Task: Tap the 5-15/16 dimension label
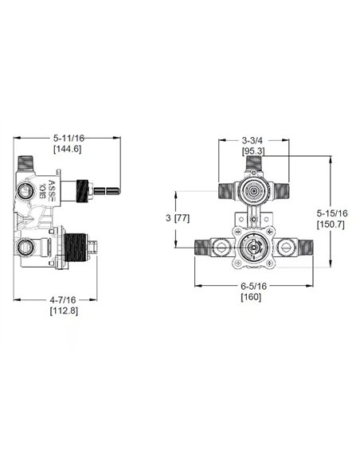pyautogui.click(x=330, y=213)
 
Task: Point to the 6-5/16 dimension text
pyautogui.click(x=252, y=286)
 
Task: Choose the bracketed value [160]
pyautogui.click(x=252, y=297)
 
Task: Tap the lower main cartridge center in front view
pyautogui.click(x=253, y=249)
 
